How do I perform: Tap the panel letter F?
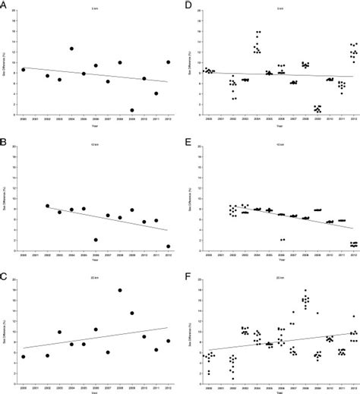185,273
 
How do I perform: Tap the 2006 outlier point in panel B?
96,240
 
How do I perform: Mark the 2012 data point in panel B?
168,246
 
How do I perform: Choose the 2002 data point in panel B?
48,206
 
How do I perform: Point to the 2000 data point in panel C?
24,357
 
